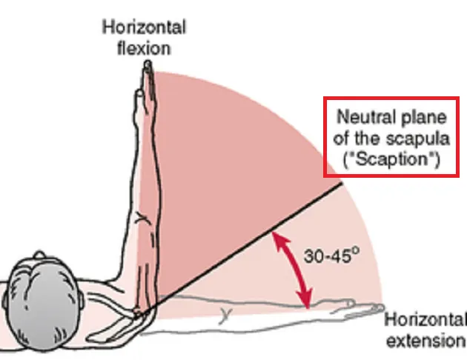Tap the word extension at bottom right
[425, 341]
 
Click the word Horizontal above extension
[425, 321]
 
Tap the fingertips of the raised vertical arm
[149, 67]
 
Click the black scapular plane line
[245, 244]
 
